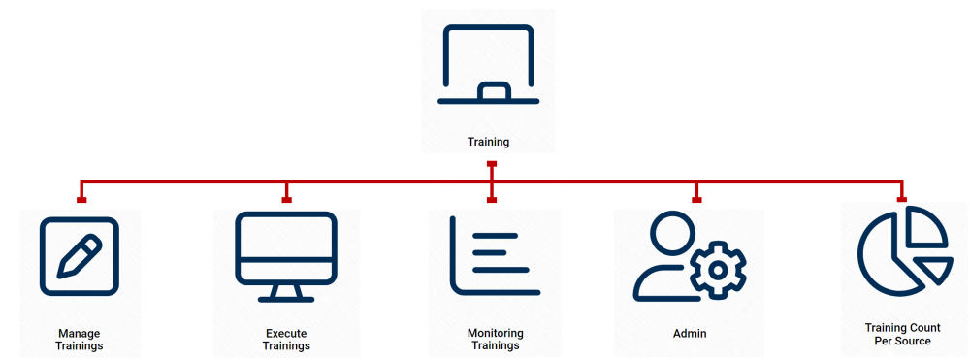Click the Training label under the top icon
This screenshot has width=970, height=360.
coord(488,142)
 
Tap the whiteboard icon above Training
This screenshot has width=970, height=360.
coord(488,64)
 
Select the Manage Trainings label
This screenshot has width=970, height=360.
coord(80,340)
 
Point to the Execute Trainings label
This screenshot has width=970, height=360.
coord(287,340)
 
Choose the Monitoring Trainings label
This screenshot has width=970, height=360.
coord(495,340)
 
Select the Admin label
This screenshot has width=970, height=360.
coord(690,334)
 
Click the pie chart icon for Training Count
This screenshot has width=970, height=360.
coord(903,250)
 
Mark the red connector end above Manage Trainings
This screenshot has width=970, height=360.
coord(81,200)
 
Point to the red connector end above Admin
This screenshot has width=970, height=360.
coord(696,200)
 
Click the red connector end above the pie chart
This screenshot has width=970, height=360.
coord(902,200)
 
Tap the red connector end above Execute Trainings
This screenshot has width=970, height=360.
coord(287,200)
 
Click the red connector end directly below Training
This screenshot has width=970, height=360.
coord(492,165)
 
